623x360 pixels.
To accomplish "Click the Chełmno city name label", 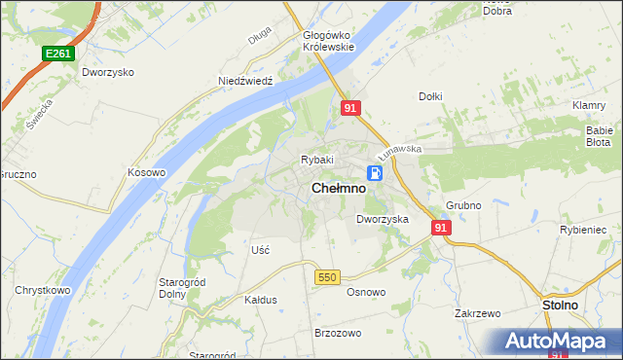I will coord(339,190).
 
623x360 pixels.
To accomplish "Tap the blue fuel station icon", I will coord(374,173).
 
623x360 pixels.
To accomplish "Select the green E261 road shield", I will coord(56,54).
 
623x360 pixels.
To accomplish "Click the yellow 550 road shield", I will coord(327,277).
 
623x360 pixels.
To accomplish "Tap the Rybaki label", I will coord(317,160).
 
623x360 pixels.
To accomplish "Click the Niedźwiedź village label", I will coord(243,83).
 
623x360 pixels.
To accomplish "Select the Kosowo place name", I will coord(147,172).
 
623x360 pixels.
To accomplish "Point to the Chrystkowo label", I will coord(40,290).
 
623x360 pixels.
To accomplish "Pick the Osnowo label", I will coord(366,292).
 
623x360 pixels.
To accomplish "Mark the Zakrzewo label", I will coord(477,314).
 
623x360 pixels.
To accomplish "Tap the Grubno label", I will coord(464,206).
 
